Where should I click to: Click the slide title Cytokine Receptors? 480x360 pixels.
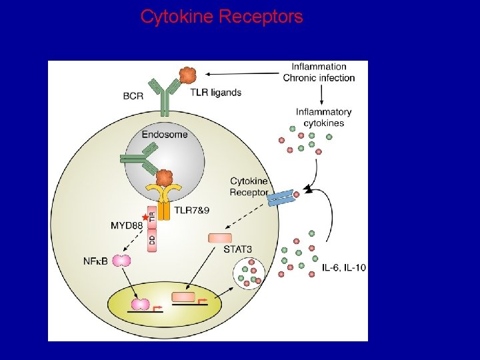coord(221,17)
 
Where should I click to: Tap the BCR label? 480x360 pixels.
coord(133,96)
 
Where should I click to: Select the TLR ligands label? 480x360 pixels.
coord(215,93)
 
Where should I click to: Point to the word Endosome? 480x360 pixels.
coord(165,134)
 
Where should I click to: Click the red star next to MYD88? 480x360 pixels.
coord(145,218)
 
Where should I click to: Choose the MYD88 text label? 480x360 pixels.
coord(127,225)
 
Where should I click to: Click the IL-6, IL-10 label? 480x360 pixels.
coord(344,267)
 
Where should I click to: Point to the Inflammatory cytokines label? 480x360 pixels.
coord(323,117)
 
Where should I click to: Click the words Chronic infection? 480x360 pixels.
coord(319,78)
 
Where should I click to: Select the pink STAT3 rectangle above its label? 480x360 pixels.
coord(220,238)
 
